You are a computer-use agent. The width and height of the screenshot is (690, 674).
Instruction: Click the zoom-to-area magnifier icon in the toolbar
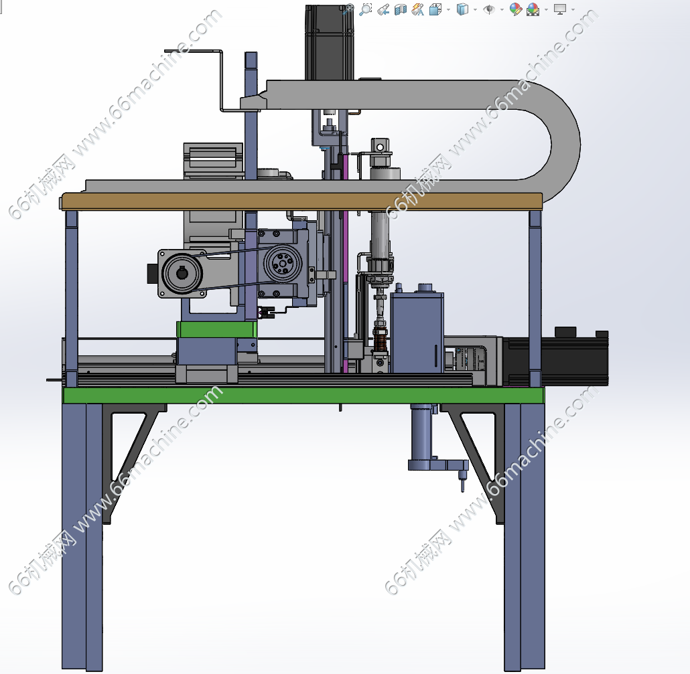365,9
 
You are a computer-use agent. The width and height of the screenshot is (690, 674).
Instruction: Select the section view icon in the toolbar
401,9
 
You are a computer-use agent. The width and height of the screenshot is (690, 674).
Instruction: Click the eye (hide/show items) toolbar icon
488,9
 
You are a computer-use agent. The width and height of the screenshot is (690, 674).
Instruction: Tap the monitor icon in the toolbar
560,9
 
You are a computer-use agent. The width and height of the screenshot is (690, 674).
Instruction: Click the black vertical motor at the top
330,43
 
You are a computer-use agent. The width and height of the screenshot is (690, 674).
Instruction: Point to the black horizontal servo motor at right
555,357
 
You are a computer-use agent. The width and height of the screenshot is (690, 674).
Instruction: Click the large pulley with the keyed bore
182,274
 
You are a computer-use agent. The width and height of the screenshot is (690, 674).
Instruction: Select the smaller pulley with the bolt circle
283,264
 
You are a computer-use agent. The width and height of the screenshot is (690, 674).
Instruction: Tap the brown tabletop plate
302,201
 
